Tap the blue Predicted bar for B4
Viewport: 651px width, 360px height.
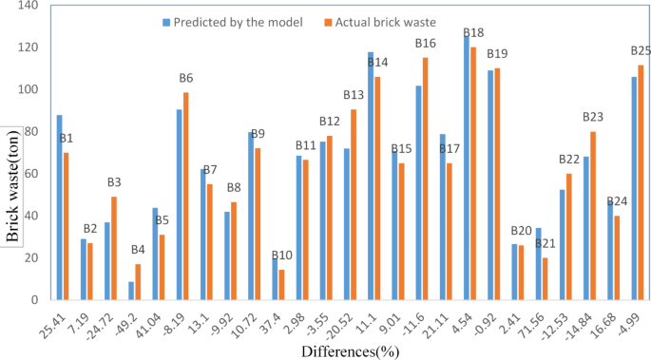click(x=131, y=291)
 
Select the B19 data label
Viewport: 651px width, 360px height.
click(x=496, y=54)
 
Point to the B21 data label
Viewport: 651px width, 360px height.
click(x=546, y=244)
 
